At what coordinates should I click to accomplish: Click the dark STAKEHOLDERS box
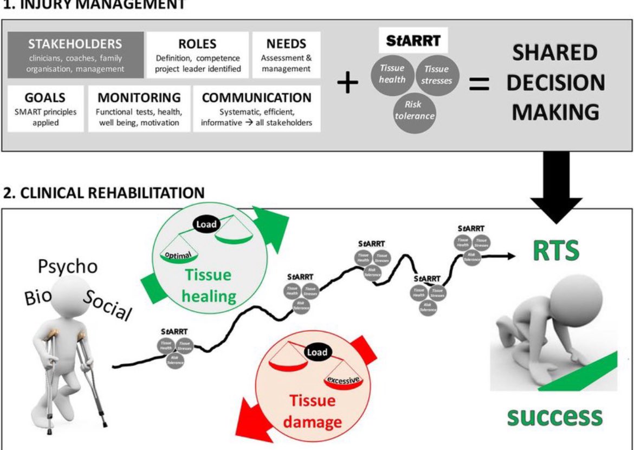click(x=75, y=55)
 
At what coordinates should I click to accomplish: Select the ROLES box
click(x=197, y=55)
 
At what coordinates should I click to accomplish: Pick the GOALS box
click(x=46, y=109)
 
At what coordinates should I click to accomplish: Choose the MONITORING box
click(x=139, y=109)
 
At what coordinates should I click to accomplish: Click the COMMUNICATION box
click(x=256, y=109)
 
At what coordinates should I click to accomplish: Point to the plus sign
click(x=347, y=84)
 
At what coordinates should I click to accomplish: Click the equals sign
click(x=478, y=84)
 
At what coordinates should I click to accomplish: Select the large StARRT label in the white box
click(x=413, y=41)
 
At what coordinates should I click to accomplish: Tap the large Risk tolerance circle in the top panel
click(x=415, y=110)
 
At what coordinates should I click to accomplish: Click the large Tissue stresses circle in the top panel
click(x=436, y=75)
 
